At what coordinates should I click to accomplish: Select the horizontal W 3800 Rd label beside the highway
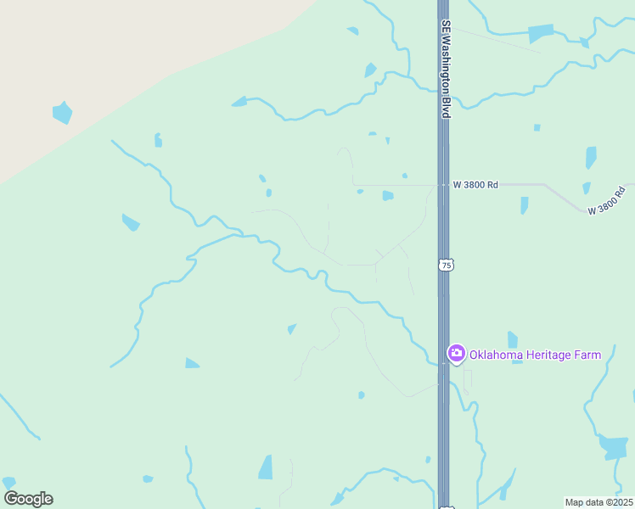475,184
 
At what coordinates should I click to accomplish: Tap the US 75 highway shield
447,266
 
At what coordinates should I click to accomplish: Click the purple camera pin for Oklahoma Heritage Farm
456,354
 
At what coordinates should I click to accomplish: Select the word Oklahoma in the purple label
497,355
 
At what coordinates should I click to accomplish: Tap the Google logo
28,499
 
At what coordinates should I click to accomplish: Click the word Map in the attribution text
576,501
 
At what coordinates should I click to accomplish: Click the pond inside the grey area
62,112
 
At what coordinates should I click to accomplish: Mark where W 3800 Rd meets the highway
443,184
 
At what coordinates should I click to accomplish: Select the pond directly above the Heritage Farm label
513,339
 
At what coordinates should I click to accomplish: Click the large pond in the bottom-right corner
614,446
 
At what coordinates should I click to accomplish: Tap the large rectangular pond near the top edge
541,33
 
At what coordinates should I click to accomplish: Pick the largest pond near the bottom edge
267,467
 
